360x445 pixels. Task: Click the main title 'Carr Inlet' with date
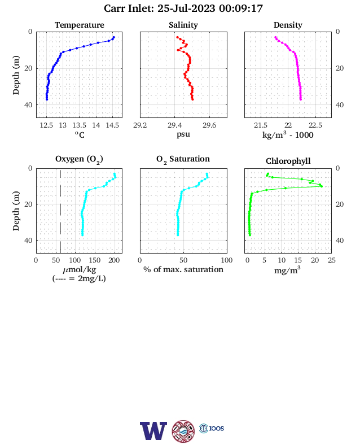(x=183, y=8)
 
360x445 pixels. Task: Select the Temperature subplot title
(x=80, y=25)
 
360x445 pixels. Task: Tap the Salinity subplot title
(x=183, y=25)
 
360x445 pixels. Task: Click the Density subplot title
(x=288, y=25)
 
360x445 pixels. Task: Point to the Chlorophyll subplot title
(x=288, y=161)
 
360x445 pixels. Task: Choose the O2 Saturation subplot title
(x=183, y=159)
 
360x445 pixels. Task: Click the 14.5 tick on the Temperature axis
(x=112, y=125)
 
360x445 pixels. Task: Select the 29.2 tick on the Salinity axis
(x=140, y=125)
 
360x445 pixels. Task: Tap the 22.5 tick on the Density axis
(x=315, y=125)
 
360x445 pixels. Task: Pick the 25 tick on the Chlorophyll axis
(x=332, y=260)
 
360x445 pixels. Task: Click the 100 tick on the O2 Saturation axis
(x=227, y=260)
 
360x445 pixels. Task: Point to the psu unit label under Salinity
(x=183, y=134)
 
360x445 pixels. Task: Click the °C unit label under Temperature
(x=80, y=134)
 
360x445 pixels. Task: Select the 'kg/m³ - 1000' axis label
(x=288, y=134)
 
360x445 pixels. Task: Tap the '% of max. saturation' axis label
(x=183, y=269)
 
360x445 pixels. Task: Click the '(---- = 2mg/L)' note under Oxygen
(x=79, y=278)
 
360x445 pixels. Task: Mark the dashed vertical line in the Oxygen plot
(x=60, y=211)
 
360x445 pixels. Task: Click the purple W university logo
(x=153, y=431)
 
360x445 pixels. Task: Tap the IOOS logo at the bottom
(x=212, y=428)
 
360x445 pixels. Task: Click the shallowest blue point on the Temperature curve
(x=113, y=37)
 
